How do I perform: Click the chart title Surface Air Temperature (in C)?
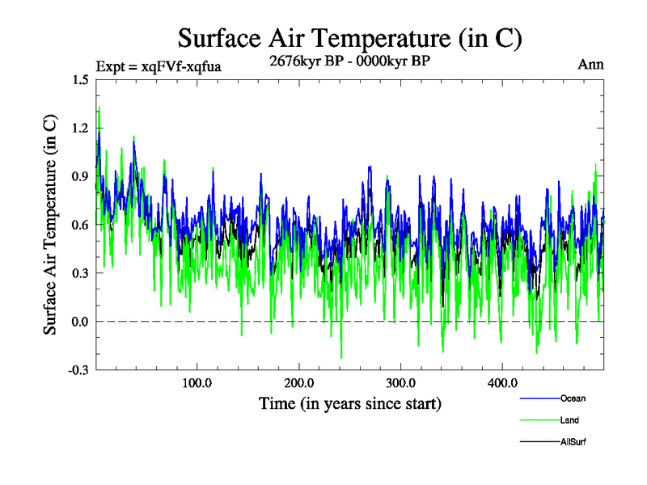(x=349, y=38)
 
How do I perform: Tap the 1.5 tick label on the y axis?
(x=80, y=79)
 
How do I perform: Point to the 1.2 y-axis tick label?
(x=80, y=128)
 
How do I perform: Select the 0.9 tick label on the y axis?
(x=80, y=176)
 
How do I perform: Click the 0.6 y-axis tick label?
(x=80, y=225)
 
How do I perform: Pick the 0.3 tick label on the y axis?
(x=80, y=273)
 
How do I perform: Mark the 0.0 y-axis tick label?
(x=80, y=322)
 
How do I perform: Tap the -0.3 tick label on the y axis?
(x=78, y=370)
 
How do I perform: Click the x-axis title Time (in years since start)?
(x=349, y=403)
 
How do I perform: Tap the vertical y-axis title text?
(x=50, y=225)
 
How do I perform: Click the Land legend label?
(x=569, y=420)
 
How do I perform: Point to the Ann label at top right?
(x=590, y=65)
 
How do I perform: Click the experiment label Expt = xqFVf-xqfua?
(x=159, y=65)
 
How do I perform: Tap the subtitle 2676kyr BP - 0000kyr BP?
(x=349, y=61)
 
